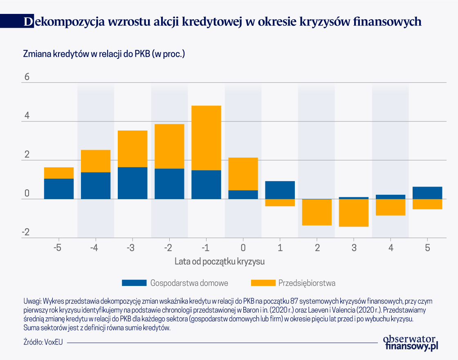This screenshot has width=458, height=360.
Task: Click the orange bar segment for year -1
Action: (206, 138)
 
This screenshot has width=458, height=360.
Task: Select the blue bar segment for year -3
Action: (132, 183)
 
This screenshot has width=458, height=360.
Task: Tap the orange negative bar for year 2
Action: (317, 212)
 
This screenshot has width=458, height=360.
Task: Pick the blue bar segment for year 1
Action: (280, 190)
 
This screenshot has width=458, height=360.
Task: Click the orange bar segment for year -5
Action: (59, 173)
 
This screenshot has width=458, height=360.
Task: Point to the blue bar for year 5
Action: (427, 193)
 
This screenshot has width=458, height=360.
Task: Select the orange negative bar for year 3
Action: (353, 213)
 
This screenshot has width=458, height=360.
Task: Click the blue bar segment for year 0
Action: (243, 194)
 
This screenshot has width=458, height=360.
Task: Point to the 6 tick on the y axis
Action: (27, 77)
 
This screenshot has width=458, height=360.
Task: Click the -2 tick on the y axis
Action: (26, 232)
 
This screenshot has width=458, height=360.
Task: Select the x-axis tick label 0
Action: (243, 248)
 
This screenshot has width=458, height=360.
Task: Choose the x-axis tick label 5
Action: (427, 248)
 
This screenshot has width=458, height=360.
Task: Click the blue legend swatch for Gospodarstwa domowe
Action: (134, 283)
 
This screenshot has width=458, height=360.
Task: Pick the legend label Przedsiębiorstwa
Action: (307, 283)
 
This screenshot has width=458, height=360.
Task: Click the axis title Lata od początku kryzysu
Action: (220, 261)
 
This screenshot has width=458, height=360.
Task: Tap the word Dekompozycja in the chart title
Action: (61, 22)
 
